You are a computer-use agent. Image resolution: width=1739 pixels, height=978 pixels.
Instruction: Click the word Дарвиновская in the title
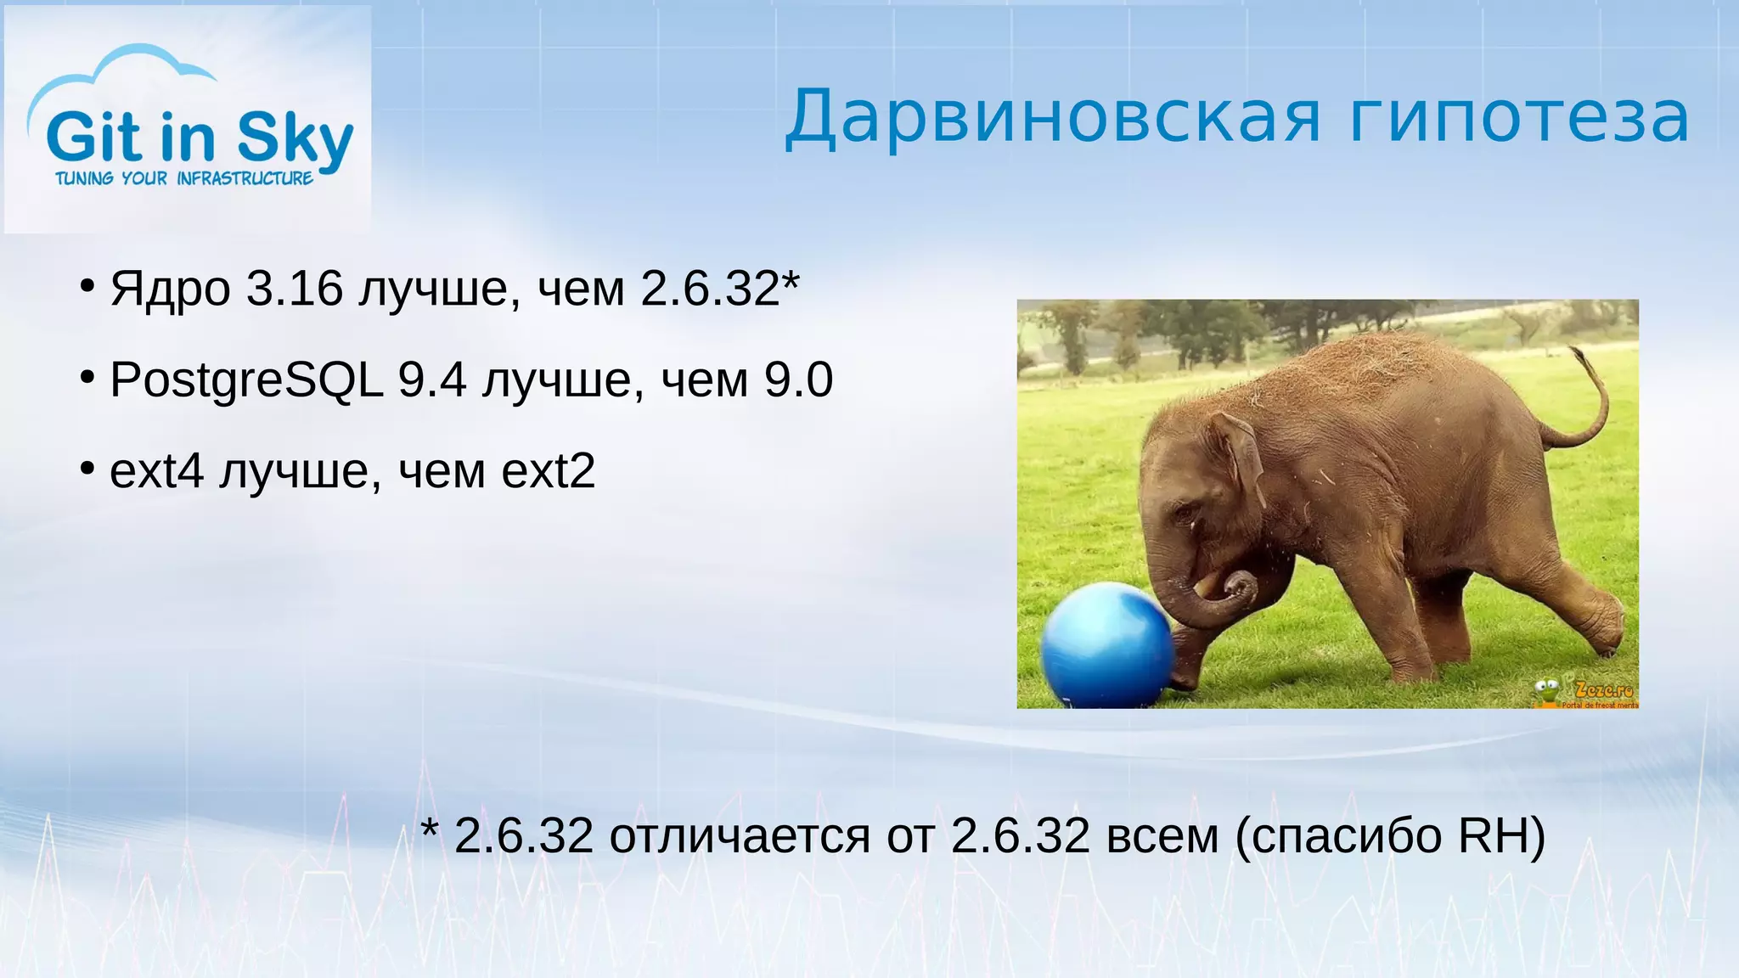click(x=1053, y=119)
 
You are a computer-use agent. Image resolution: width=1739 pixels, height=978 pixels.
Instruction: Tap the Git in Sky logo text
click(x=200, y=138)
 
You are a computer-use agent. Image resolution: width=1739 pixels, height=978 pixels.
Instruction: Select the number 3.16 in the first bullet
click(x=294, y=289)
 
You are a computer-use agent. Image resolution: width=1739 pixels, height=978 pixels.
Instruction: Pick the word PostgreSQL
click(x=246, y=380)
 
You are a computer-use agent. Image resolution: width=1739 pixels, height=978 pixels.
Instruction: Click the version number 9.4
click(x=432, y=379)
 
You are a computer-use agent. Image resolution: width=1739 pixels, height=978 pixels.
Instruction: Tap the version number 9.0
click(x=798, y=379)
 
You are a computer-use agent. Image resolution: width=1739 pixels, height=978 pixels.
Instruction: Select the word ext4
click(x=157, y=471)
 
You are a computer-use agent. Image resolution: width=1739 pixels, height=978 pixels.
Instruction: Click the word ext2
click(x=548, y=471)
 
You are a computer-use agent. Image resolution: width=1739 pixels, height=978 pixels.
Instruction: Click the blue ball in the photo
click(x=1104, y=645)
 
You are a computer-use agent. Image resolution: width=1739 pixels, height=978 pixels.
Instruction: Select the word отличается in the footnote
click(x=739, y=837)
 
